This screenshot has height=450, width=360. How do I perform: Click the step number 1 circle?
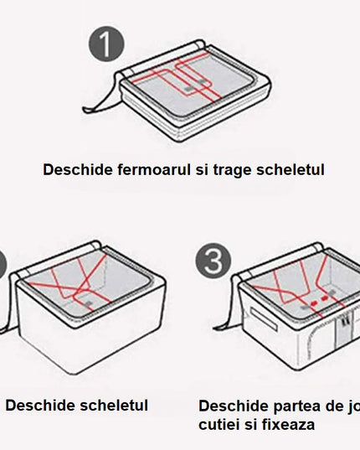click(105, 43)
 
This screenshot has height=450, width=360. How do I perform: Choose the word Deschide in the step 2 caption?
click(36, 406)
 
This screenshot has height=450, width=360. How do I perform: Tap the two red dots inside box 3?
click(315, 298)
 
